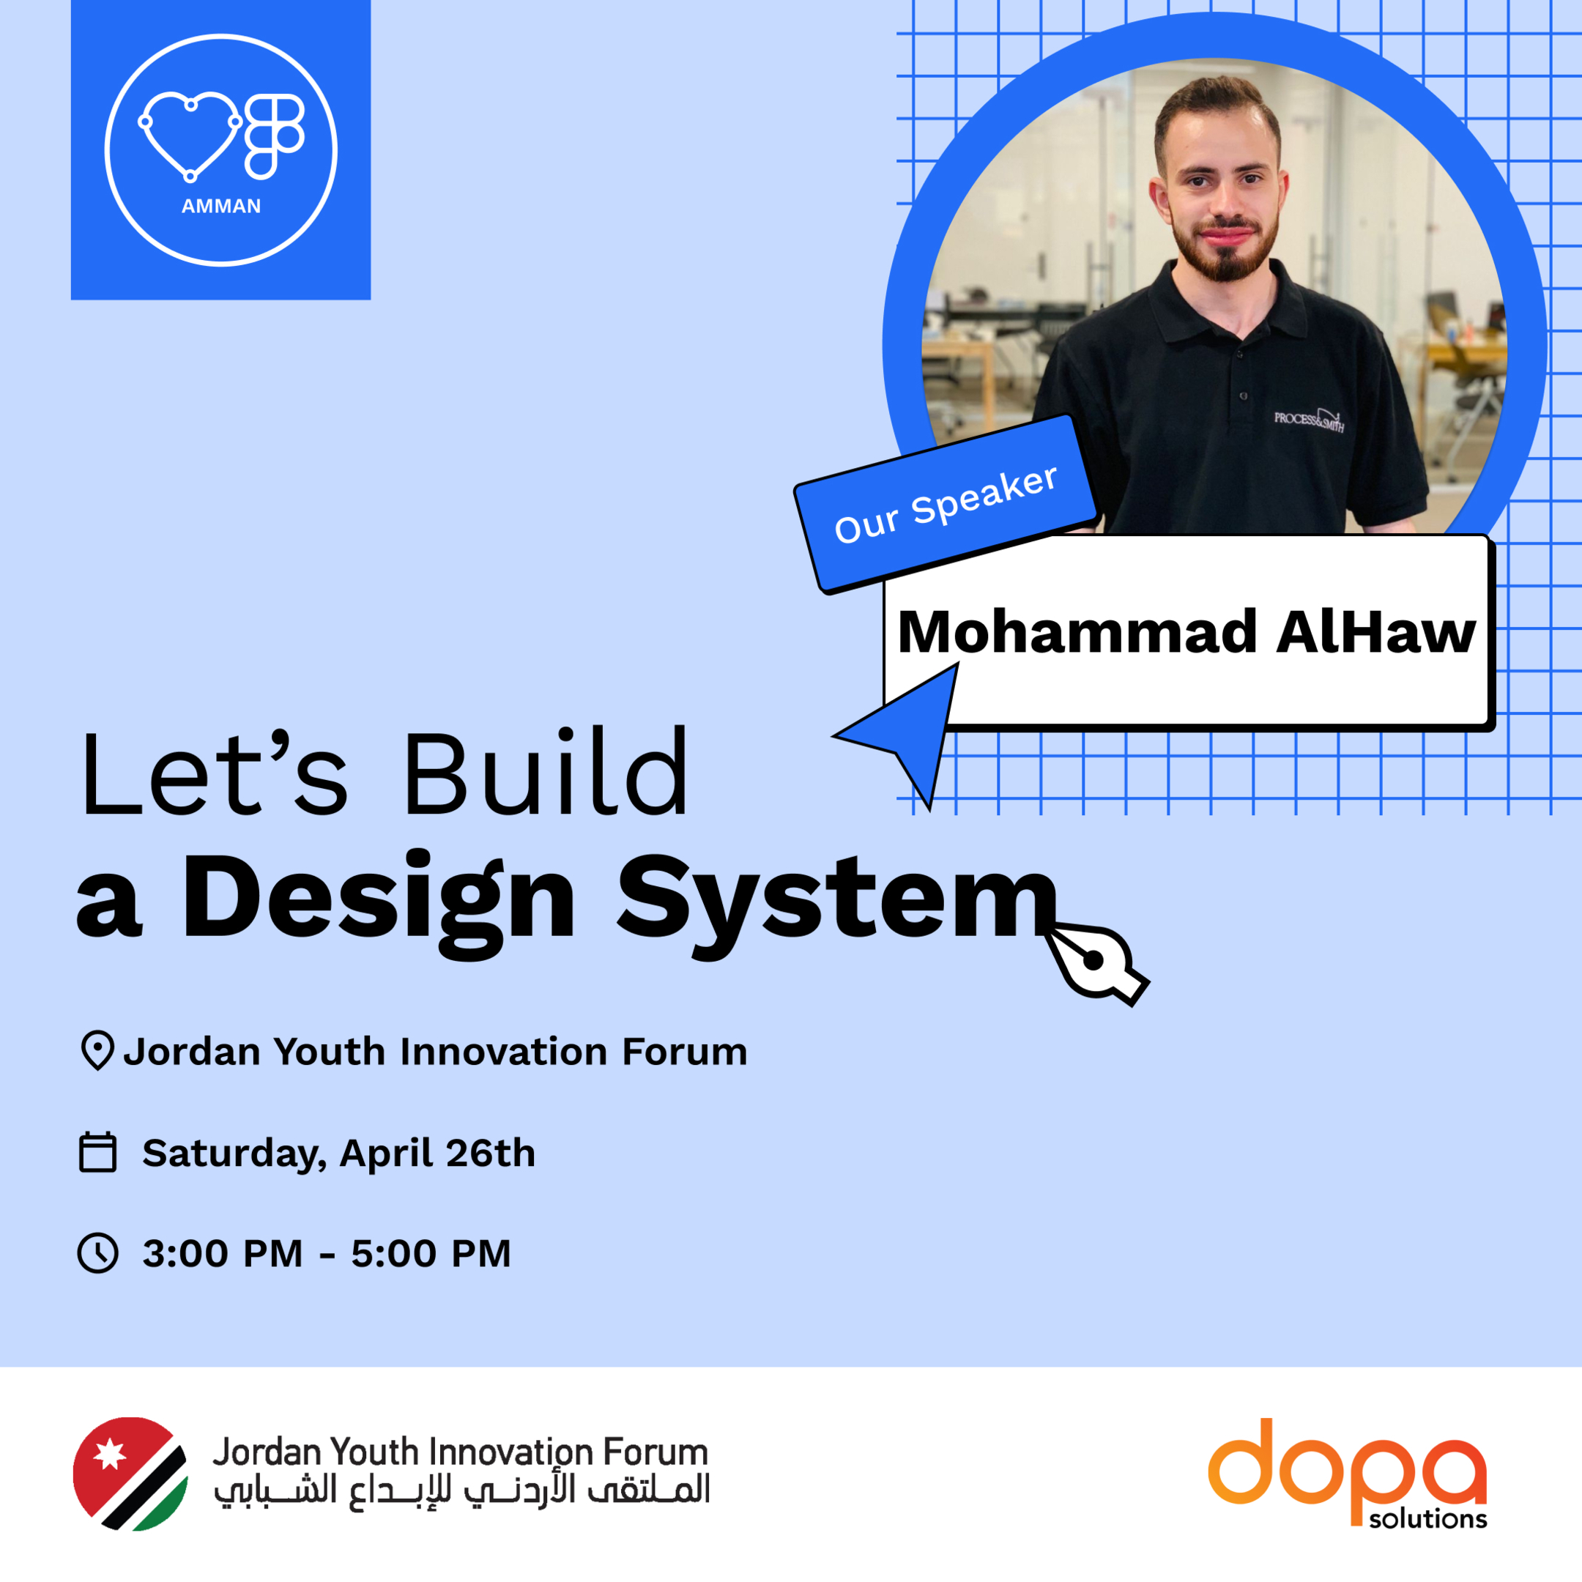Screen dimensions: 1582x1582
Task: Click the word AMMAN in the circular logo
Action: pyautogui.click(x=221, y=207)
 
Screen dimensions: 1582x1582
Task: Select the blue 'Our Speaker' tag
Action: pyautogui.click(x=946, y=505)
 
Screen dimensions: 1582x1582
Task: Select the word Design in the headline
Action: pyautogui.click(x=379, y=899)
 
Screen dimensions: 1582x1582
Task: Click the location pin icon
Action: pyautogui.click(x=97, y=1050)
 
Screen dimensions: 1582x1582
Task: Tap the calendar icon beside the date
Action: pyautogui.click(x=97, y=1152)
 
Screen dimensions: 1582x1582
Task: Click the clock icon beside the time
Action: pyautogui.click(x=97, y=1253)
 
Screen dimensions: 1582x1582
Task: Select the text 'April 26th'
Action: pyautogui.click(x=437, y=1153)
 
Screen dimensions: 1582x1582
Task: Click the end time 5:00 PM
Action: pyautogui.click(x=431, y=1254)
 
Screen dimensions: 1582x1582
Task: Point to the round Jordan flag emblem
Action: pyautogui.click(x=130, y=1474)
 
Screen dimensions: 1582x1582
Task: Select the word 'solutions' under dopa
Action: pyautogui.click(x=1427, y=1520)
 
